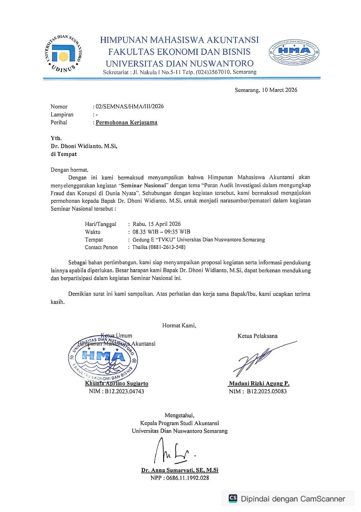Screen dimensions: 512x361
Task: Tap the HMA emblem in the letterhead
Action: click(x=294, y=52)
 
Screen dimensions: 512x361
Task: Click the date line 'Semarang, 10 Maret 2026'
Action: click(x=266, y=90)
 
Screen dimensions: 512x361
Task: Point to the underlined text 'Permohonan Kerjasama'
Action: click(x=127, y=123)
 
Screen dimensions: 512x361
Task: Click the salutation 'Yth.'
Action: click(x=56, y=138)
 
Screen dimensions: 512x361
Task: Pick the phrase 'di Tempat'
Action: click(x=64, y=154)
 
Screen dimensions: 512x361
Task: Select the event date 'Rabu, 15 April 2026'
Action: click(x=157, y=224)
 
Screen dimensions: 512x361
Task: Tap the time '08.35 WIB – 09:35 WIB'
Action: click(x=161, y=232)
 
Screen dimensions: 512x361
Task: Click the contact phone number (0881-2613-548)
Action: click(x=167, y=247)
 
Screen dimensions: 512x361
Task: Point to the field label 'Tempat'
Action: click(x=94, y=240)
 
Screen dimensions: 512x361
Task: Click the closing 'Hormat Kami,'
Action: click(x=179, y=326)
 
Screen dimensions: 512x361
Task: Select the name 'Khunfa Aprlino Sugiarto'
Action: click(x=116, y=384)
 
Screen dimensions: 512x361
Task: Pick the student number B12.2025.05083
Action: click(x=267, y=392)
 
